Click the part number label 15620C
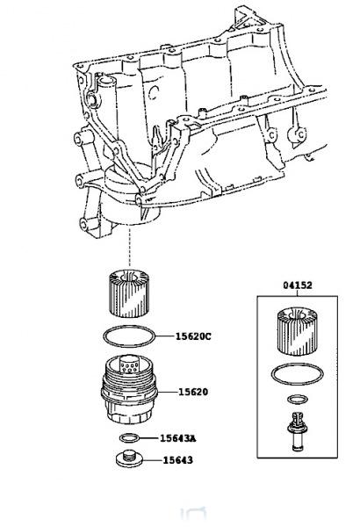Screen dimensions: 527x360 195,336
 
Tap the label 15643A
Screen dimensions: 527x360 179,438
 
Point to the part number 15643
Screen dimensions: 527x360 176,459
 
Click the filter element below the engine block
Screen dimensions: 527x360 129,294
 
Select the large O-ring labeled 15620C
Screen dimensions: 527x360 130,336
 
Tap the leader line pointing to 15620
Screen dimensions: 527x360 167,393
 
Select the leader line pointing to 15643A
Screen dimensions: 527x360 150,437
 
